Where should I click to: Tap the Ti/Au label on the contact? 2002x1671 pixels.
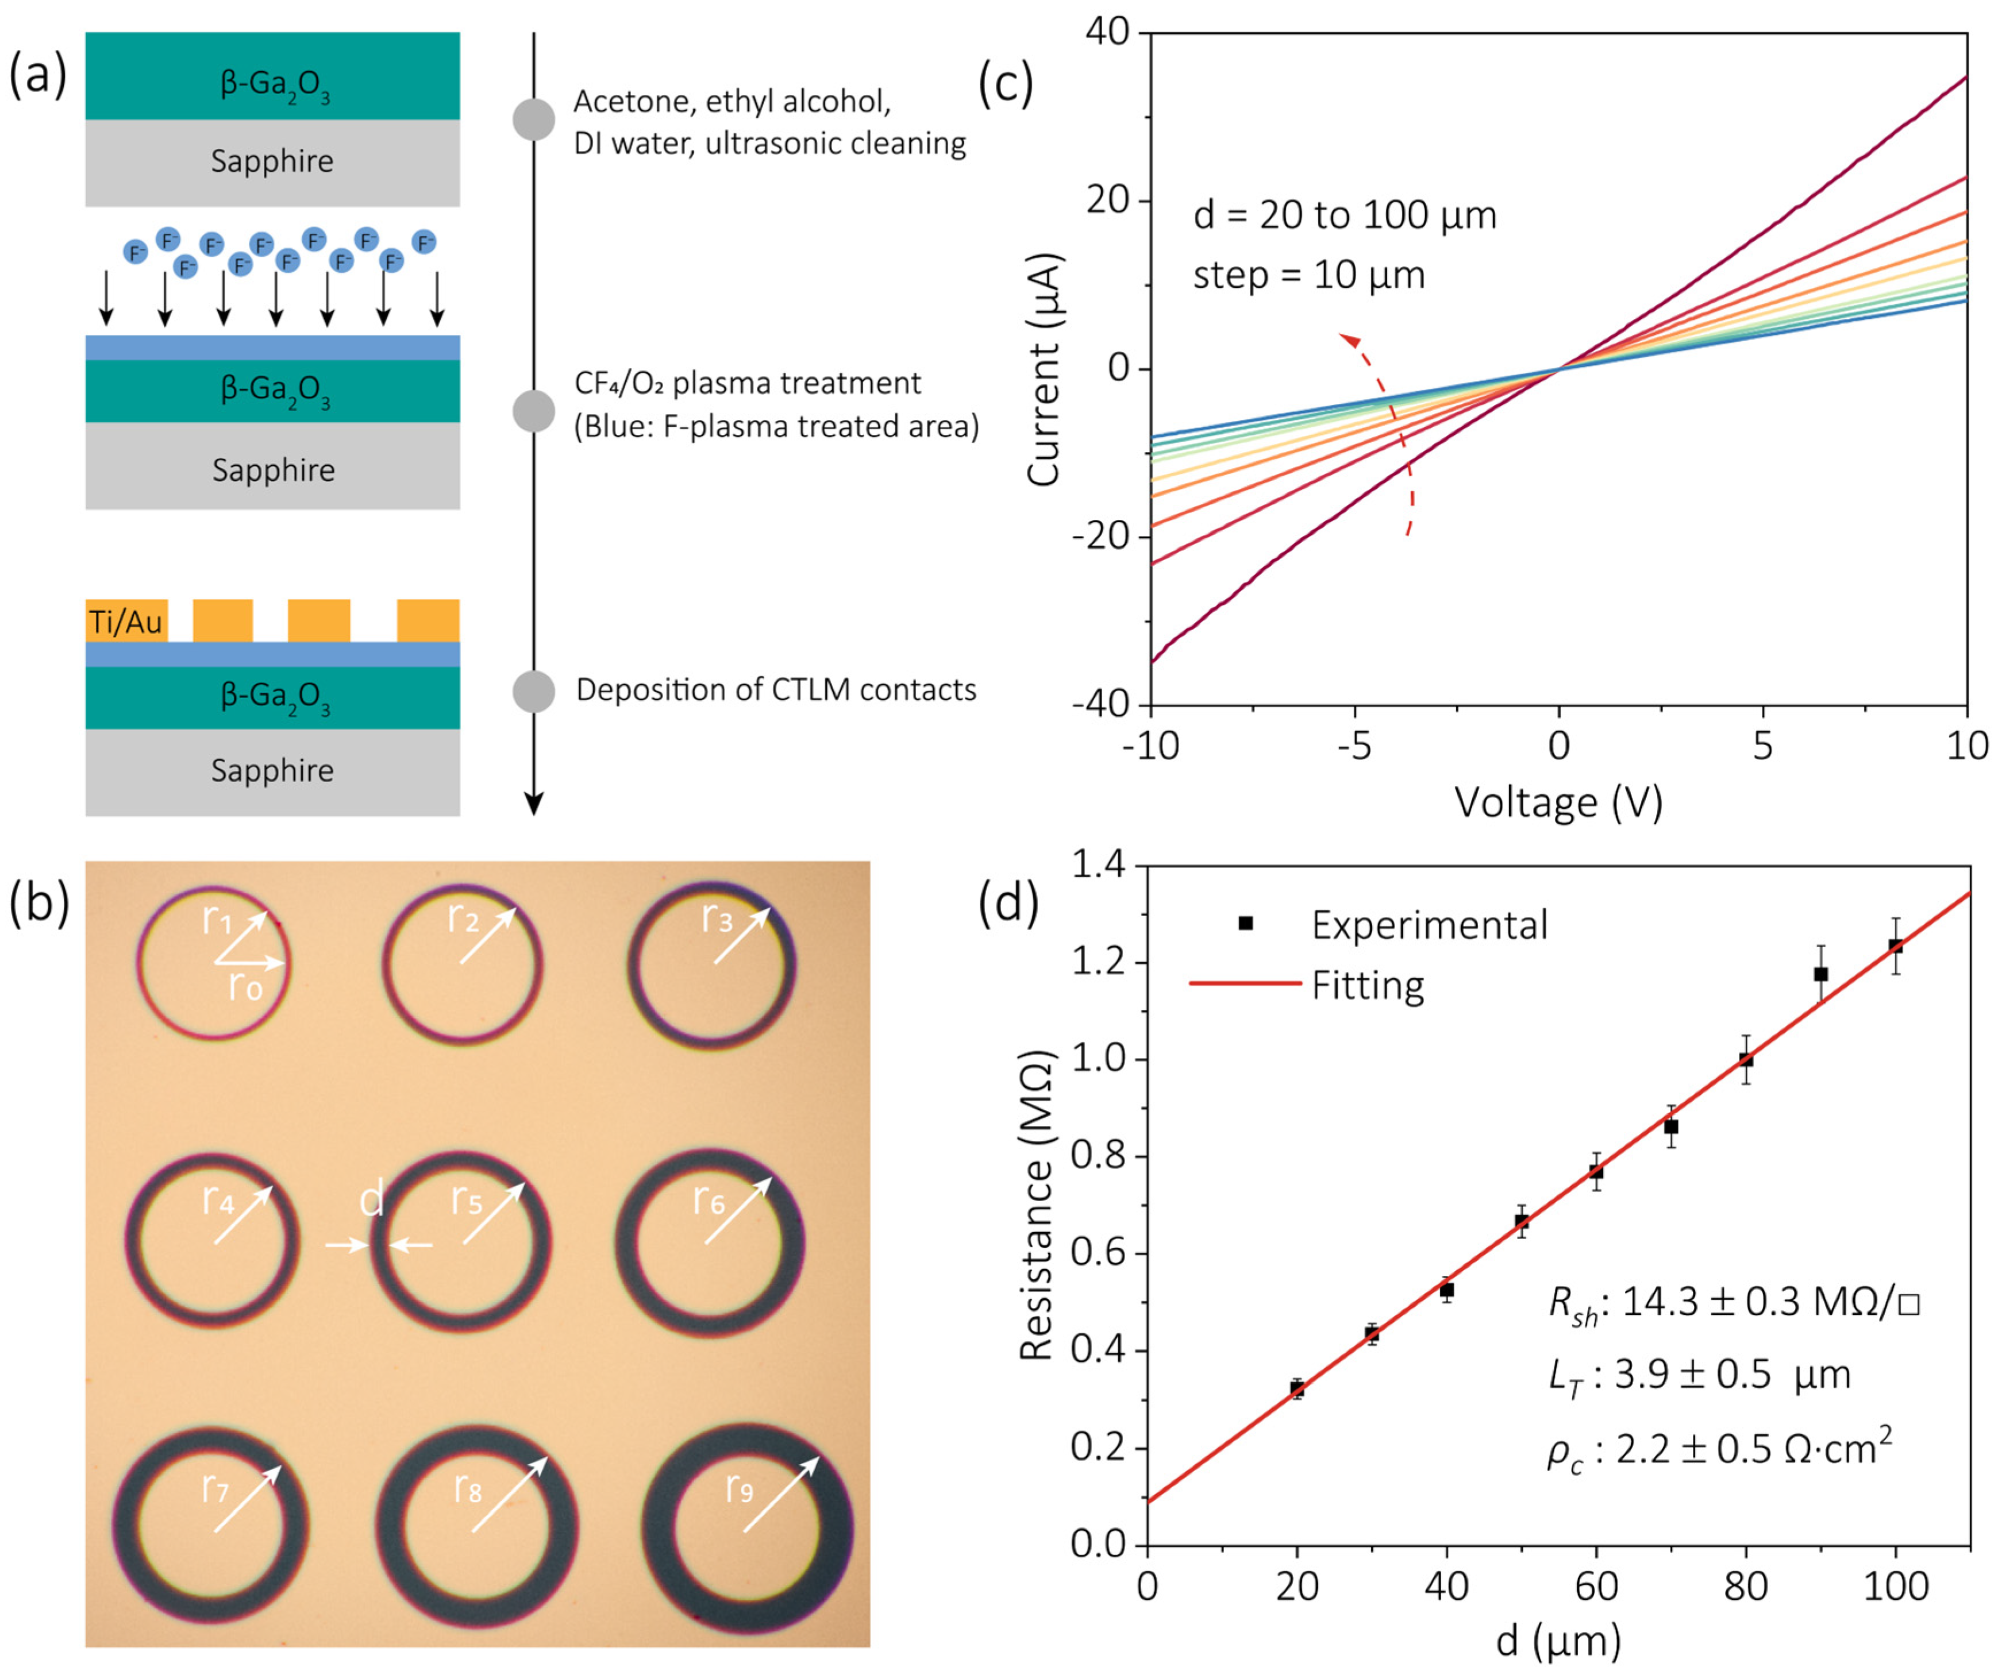click(126, 623)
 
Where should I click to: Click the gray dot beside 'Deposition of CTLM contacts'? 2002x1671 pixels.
click(534, 691)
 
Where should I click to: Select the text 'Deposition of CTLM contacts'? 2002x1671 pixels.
click(776, 689)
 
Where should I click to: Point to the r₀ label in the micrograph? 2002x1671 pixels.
click(245, 987)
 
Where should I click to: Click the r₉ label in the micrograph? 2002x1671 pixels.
click(740, 1487)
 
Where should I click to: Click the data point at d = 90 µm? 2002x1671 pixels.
click(1821, 974)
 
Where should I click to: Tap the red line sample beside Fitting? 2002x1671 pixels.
click(1245, 983)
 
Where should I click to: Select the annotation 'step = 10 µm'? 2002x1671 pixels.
click(1309, 276)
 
